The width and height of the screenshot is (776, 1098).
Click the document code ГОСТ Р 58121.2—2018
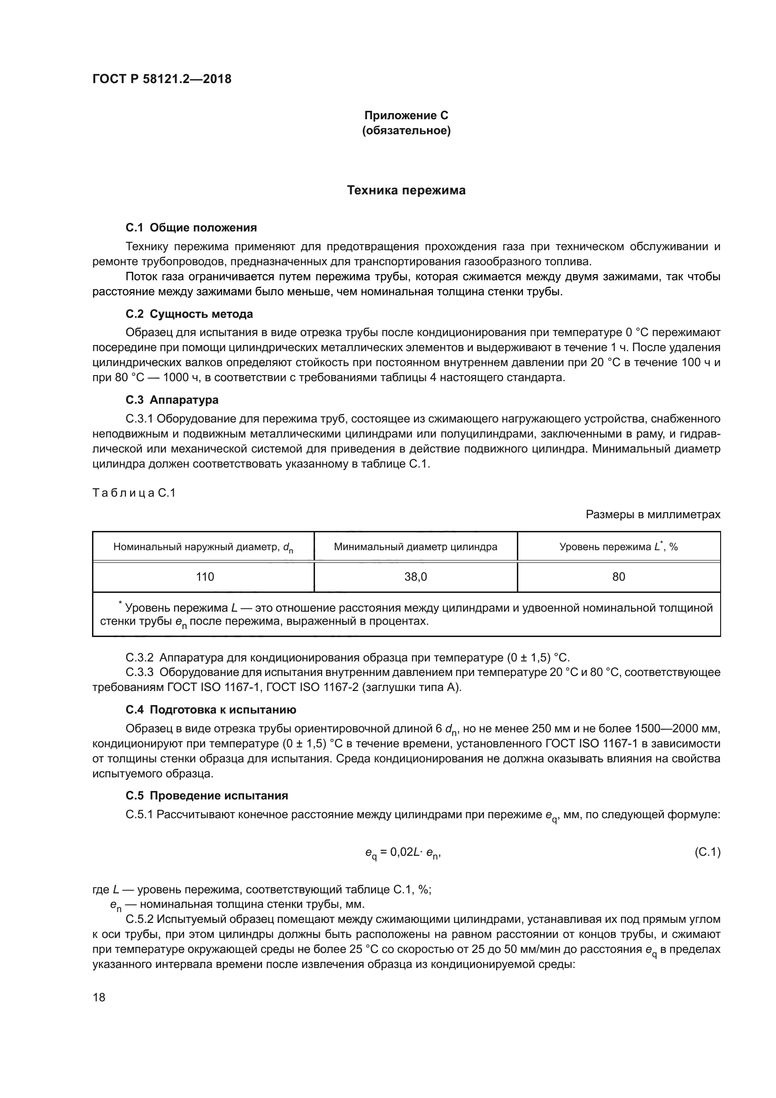tap(161, 79)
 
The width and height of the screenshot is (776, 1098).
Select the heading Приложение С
tap(406, 115)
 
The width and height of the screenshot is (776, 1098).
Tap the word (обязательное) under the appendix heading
tap(406, 131)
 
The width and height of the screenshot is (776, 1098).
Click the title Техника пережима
tap(406, 190)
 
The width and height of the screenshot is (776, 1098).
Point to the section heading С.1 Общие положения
tap(191, 228)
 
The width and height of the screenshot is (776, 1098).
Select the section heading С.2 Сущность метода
tap(189, 314)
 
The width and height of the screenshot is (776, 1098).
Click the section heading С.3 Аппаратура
tap(172, 400)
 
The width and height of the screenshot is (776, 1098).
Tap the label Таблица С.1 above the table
tap(134, 492)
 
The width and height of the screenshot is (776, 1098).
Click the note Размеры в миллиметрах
tap(653, 514)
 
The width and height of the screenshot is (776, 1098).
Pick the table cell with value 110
tap(205, 577)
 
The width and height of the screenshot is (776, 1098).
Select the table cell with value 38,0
tap(415, 577)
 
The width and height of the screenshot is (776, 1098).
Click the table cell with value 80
tap(618, 577)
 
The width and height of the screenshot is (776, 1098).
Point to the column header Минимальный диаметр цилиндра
tap(415, 546)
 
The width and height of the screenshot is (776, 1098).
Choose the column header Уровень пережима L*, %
tap(618, 546)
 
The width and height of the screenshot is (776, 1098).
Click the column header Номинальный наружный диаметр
tap(203, 547)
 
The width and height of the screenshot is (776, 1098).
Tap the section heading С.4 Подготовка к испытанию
tap(211, 710)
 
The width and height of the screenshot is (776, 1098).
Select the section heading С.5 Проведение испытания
tap(207, 796)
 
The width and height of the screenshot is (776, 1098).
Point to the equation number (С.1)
tap(707, 852)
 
